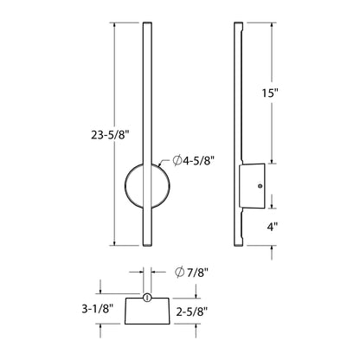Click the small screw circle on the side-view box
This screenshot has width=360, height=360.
(260, 185)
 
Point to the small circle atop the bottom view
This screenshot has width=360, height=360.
(147, 297)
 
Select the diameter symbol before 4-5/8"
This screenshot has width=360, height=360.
(177, 160)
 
